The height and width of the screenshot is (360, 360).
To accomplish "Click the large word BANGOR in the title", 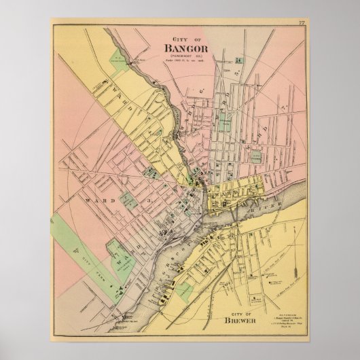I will coord(183,48).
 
